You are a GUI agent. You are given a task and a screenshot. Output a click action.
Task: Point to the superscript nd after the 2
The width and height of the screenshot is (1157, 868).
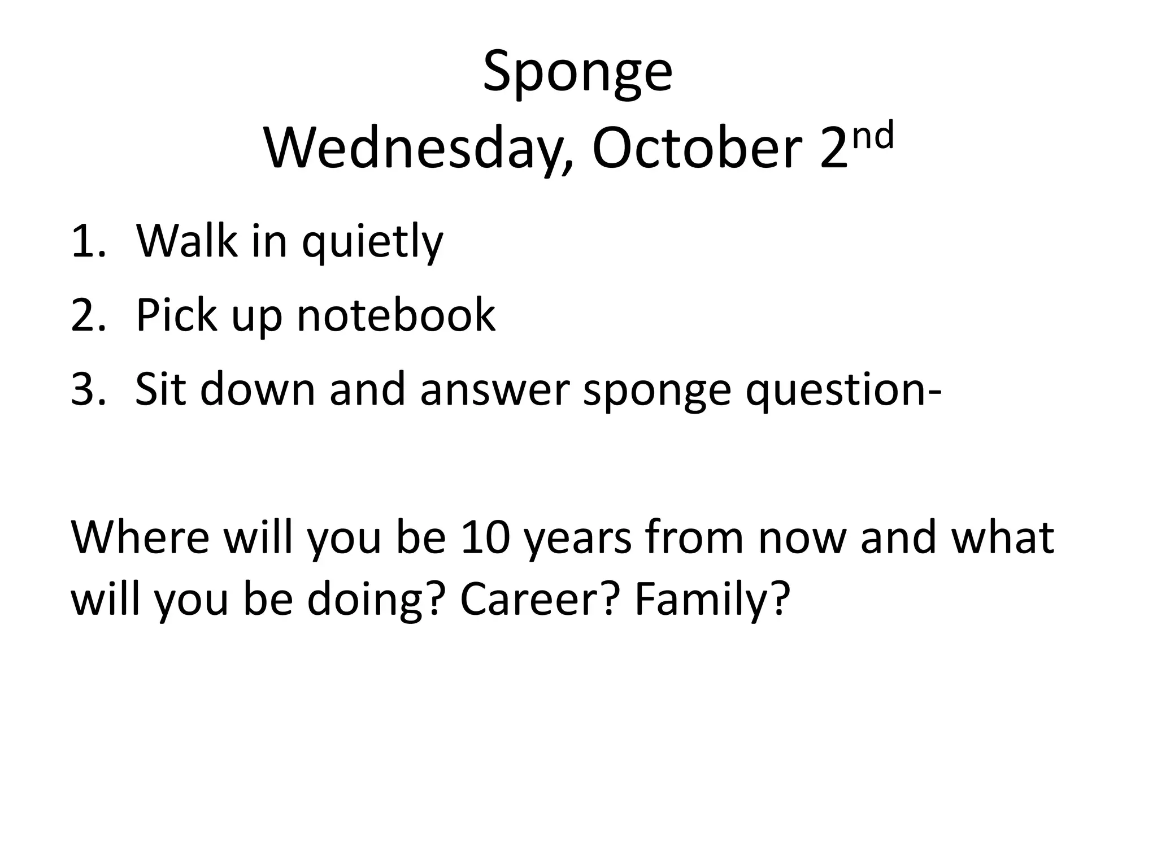[873, 136]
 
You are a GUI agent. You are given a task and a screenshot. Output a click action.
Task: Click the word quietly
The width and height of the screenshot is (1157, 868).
[372, 243]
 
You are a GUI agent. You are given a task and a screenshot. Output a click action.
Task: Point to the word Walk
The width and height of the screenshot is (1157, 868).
[186, 242]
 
